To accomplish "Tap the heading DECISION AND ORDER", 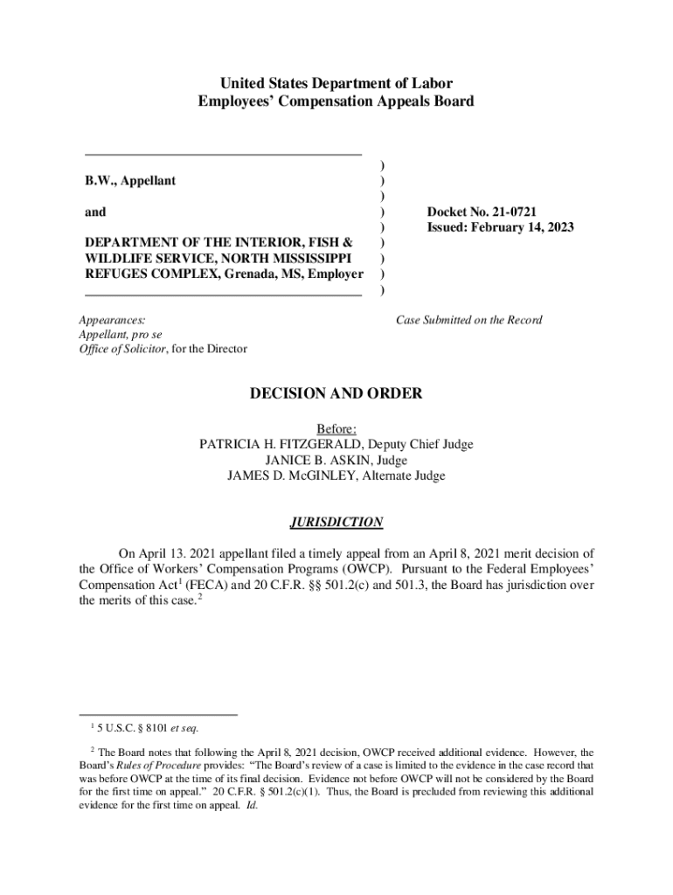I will click(x=336, y=394).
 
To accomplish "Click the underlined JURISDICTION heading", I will click(x=336, y=523).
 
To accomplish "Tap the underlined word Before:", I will click(x=336, y=428).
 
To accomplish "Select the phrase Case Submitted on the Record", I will click(x=469, y=320).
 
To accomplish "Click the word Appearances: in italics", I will click(x=112, y=320).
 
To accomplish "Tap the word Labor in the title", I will click(x=433, y=85).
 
